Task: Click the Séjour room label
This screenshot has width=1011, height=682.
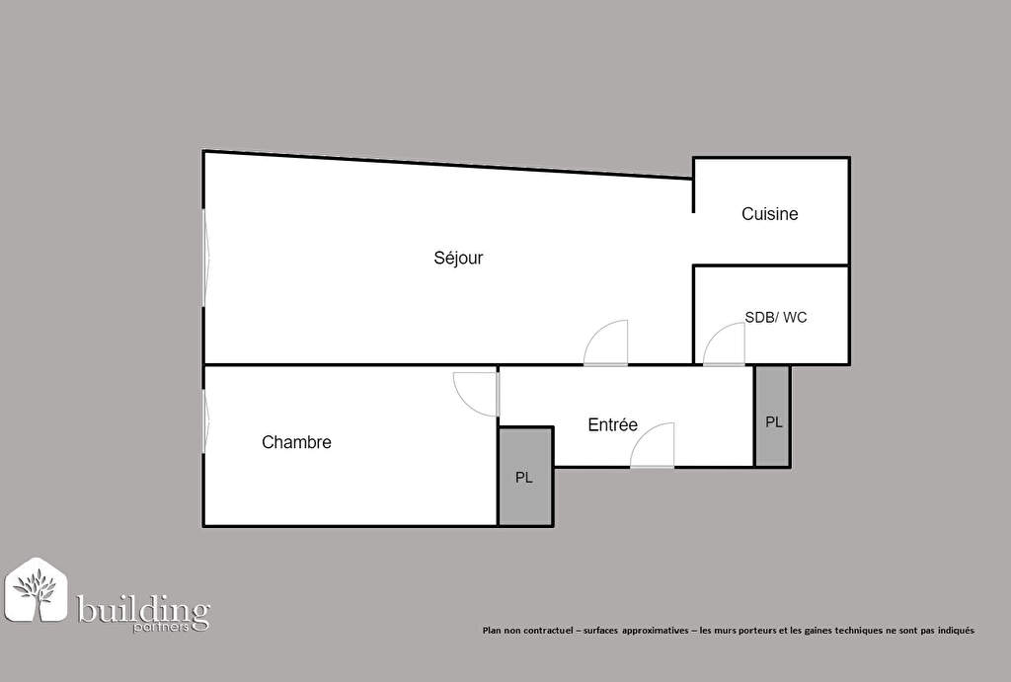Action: pyautogui.click(x=458, y=258)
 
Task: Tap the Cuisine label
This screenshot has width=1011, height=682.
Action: pyautogui.click(x=770, y=214)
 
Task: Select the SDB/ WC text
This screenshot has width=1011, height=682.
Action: pyautogui.click(x=776, y=317)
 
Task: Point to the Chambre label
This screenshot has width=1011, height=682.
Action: pyautogui.click(x=296, y=442)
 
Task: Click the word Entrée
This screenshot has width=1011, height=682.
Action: pyautogui.click(x=612, y=424)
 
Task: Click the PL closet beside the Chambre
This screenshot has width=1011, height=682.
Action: pyautogui.click(x=525, y=477)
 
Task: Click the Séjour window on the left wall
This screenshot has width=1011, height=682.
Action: pyautogui.click(x=206, y=258)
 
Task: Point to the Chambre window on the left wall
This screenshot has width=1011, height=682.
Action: pyautogui.click(x=205, y=421)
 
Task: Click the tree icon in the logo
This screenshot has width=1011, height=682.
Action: pyautogui.click(x=37, y=591)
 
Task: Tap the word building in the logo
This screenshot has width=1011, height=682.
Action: pyautogui.click(x=143, y=609)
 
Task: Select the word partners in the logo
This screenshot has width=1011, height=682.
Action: pyautogui.click(x=161, y=627)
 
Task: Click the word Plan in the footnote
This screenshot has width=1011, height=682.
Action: pyautogui.click(x=491, y=631)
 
